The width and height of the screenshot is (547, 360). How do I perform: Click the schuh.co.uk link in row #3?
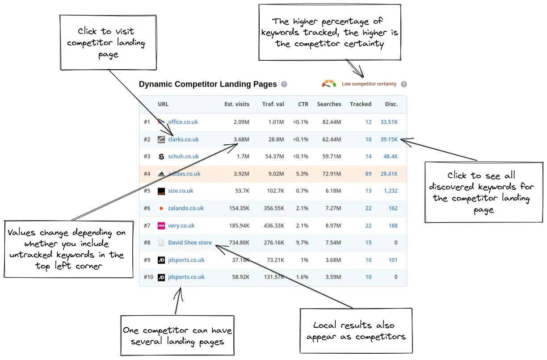tap(183, 156)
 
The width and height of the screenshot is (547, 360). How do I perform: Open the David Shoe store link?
tap(190, 243)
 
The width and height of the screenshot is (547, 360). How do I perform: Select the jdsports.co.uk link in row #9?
tap(186, 260)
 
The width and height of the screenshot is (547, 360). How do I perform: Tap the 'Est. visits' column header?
tap(236, 104)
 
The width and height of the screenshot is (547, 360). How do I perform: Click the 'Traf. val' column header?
tap(273, 104)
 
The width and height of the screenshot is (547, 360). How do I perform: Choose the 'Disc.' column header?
tap(391, 104)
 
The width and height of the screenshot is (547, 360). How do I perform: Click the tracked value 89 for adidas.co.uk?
tap(368, 174)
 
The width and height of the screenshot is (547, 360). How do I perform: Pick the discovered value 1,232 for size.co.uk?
tap(390, 191)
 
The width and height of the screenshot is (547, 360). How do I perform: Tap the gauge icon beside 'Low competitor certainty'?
tap(329, 84)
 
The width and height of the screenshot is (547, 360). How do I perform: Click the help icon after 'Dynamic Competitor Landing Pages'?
tap(284, 84)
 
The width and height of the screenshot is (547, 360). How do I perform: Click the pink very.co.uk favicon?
tap(161, 226)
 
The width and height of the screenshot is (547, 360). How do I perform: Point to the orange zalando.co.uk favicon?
tap(161, 208)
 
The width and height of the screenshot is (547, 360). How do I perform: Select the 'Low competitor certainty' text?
tap(369, 84)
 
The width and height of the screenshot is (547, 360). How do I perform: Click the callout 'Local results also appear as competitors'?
tap(356, 331)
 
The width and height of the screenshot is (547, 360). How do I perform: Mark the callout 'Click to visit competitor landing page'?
tap(108, 43)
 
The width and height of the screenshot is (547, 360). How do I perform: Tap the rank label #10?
tap(148, 277)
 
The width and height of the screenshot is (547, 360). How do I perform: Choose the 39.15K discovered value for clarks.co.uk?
tap(389, 139)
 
